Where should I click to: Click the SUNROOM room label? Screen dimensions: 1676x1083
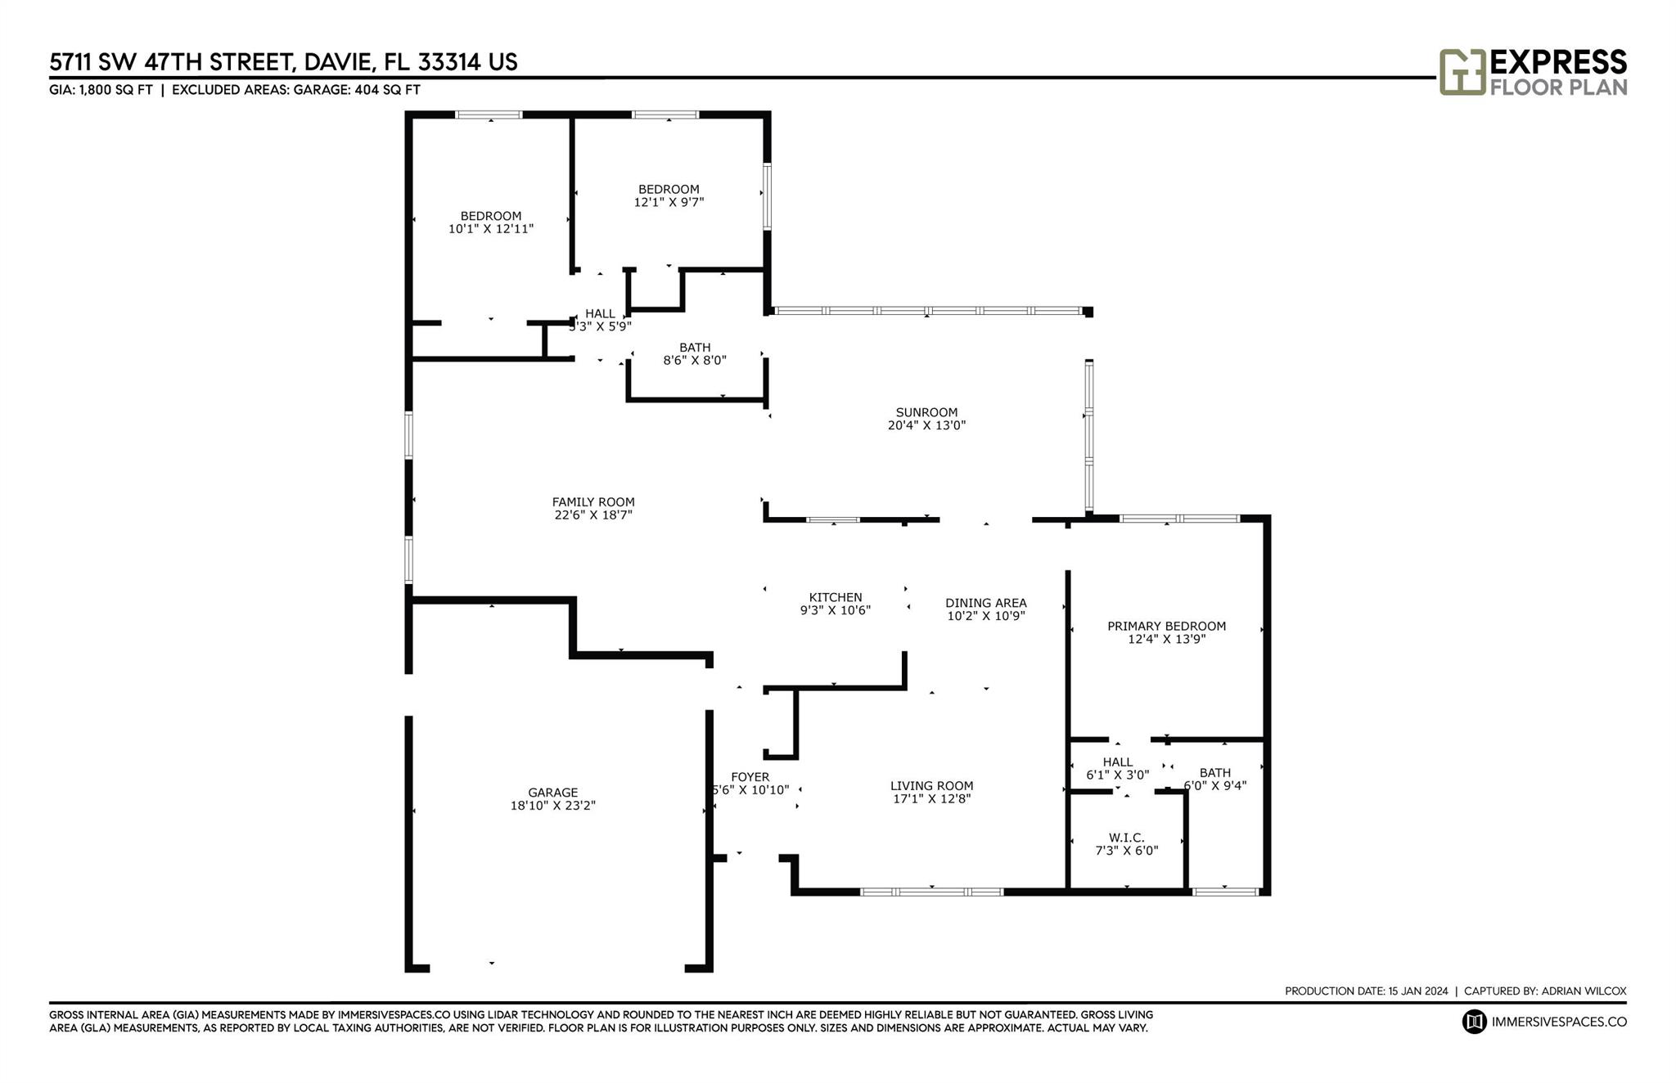[926, 412]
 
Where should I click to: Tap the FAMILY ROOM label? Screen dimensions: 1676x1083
[593, 502]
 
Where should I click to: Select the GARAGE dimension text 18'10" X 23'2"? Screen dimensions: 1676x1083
[553, 805]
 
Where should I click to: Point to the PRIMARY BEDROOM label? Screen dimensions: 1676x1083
[1166, 627]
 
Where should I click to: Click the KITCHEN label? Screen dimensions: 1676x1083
[836, 597]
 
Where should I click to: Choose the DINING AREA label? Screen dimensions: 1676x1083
[986, 603]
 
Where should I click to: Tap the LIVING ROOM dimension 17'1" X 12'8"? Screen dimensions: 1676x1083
[931, 798]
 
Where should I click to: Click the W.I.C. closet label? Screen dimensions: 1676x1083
[1127, 838]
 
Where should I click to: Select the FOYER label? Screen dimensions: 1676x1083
[750, 777]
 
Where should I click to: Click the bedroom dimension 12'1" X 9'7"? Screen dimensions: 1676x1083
[669, 201]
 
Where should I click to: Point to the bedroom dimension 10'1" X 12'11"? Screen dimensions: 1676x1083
[491, 228]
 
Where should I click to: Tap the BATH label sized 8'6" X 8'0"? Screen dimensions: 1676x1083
[695, 348]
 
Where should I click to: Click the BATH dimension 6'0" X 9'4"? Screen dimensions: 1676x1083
[1215, 785]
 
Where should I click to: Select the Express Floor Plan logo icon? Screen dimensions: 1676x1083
[1462, 72]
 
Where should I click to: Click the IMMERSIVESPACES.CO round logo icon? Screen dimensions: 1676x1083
[1475, 1022]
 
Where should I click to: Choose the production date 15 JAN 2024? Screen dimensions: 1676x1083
[1418, 991]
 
